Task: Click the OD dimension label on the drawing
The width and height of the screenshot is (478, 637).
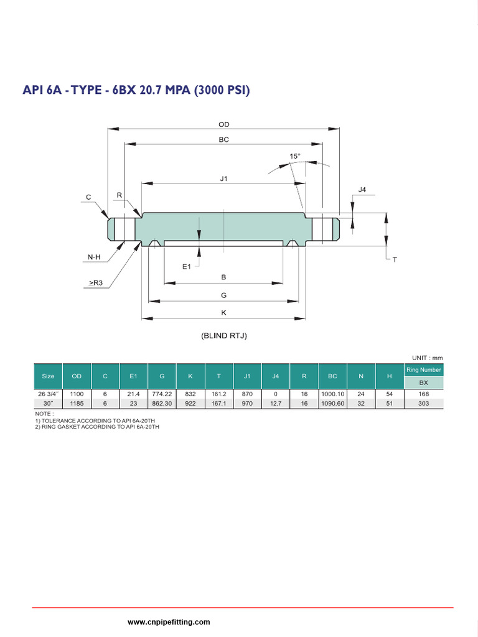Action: (223, 124)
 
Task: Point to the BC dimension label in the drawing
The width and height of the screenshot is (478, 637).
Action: (223, 140)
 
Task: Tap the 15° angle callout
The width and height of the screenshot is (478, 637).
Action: (294, 156)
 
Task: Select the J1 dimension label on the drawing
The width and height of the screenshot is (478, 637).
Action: (224, 179)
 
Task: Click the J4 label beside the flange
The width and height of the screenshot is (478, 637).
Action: (362, 190)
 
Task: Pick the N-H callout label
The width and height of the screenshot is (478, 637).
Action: (95, 256)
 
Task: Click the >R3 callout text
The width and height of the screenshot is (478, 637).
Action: (96, 283)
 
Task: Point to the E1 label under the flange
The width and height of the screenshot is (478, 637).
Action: (186, 266)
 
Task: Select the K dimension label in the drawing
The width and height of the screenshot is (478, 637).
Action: (224, 312)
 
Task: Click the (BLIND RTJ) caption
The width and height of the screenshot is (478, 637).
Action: (224, 336)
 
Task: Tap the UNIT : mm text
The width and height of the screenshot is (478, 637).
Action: (427, 358)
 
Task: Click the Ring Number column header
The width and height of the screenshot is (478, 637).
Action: (423, 370)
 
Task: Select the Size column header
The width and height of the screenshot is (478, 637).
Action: (48, 376)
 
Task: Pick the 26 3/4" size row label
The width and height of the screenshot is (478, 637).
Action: (48, 394)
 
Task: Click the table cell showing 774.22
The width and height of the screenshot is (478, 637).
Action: (162, 394)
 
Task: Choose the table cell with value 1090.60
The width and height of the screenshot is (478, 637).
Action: (332, 403)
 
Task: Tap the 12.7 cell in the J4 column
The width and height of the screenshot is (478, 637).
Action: (276, 403)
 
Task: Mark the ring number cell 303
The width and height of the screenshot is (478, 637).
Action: (423, 403)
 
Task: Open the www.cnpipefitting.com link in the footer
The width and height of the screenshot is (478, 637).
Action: (169, 622)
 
